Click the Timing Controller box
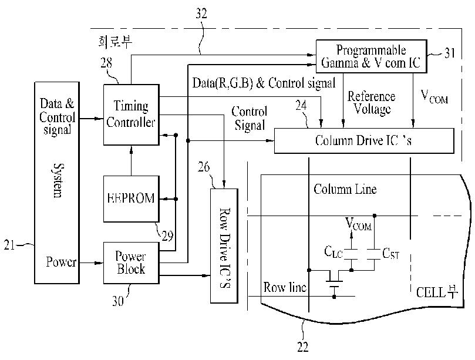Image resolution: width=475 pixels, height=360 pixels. pyautogui.click(x=131, y=115)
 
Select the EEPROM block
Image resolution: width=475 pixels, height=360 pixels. pyautogui.click(x=131, y=198)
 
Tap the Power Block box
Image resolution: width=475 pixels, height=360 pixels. pyautogui.click(x=131, y=263)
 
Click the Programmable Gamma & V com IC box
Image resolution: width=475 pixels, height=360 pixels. pyautogui.click(x=372, y=56)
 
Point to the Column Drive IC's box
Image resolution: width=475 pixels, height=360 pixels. pyautogui.click(x=364, y=140)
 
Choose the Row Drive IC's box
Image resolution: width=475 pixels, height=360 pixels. pyautogui.click(x=224, y=245)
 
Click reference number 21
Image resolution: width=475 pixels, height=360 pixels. pyautogui.click(x=9, y=244)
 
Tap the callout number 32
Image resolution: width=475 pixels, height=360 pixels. pyautogui.click(x=201, y=14)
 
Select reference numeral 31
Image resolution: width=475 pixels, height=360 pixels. pyautogui.click(x=450, y=53)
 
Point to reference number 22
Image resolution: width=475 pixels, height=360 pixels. pyautogui.click(x=302, y=346)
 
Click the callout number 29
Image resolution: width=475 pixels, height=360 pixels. pyautogui.click(x=167, y=235)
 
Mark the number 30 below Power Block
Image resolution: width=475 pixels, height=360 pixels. pyautogui.click(x=118, y=301)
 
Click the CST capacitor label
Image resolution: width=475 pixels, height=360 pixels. pyautogui.click(x=391, y=253)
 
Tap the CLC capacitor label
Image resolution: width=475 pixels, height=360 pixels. pyautogui.click(x=333, y=252)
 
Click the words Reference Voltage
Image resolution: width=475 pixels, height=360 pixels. pyautogui.click(x=372, y=103)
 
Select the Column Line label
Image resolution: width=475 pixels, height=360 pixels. pyautogui.click(x=345, y=189)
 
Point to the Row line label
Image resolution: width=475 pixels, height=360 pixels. pyautogui.click(x=285, y=287)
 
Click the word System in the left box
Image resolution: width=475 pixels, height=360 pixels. pyautogui.click(x=58, y=181)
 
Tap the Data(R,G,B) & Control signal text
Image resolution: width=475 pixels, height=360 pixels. pyautogui.click(x=264, y=83)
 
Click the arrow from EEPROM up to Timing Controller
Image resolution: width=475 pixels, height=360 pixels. pyautogui.click(x=131, y=160)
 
